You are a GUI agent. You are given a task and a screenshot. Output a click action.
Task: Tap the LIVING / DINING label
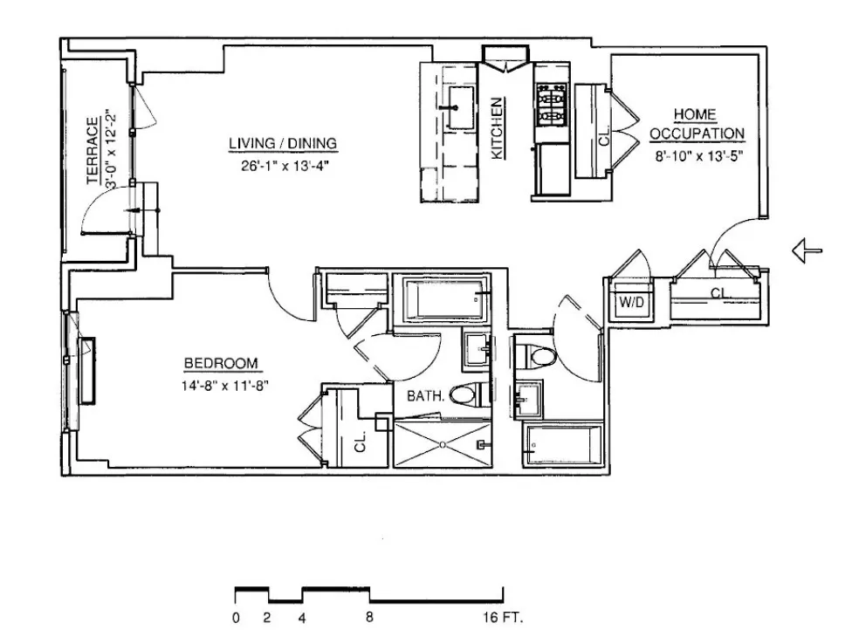pos(283,144)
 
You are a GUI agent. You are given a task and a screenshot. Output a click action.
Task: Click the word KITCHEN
pos(498,128)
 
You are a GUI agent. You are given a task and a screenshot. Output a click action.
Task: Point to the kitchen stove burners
pos(551,104)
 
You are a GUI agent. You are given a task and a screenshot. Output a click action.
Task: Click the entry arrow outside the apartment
pos(807,251)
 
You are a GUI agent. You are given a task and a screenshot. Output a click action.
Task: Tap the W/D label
pos(631,303)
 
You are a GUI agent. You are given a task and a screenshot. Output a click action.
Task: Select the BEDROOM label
pos(221,364)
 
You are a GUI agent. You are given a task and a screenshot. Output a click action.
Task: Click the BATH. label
pos(427,396)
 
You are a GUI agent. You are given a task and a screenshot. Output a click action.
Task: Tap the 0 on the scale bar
pos(237,619)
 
